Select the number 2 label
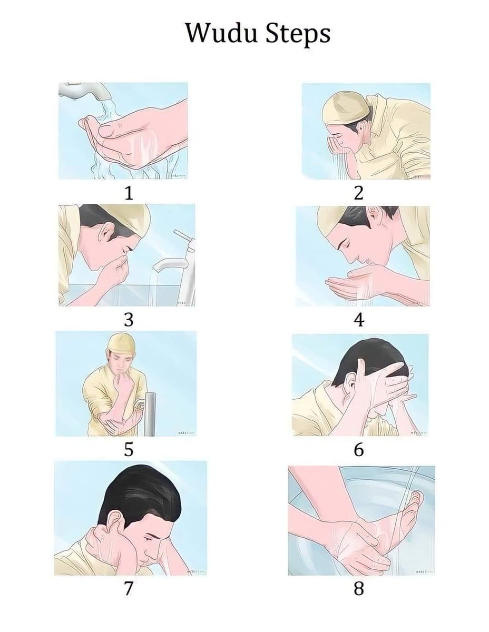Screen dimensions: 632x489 359,193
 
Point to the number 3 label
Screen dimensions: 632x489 128,320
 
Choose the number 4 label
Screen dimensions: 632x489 359,320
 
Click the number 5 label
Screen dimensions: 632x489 128,450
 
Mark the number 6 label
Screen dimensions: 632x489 359,450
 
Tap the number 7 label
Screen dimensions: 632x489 128,588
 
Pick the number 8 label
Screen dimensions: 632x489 359,588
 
